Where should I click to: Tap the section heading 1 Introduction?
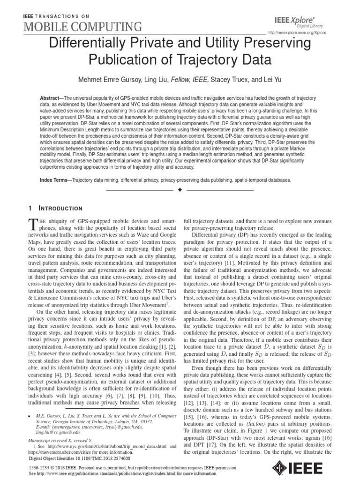click(55, 208)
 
